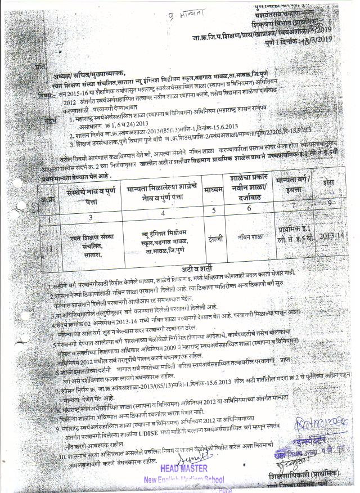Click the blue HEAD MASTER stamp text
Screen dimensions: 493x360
pyautogui.click(x=183, y=468)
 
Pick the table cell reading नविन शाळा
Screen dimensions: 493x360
pyautogui.click(x=249, y=237)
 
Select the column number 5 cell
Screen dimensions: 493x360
pyautogui.click(x=214, y=210)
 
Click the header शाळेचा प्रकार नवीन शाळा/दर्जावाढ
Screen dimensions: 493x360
pyautogui.click(x=251, y=184)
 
